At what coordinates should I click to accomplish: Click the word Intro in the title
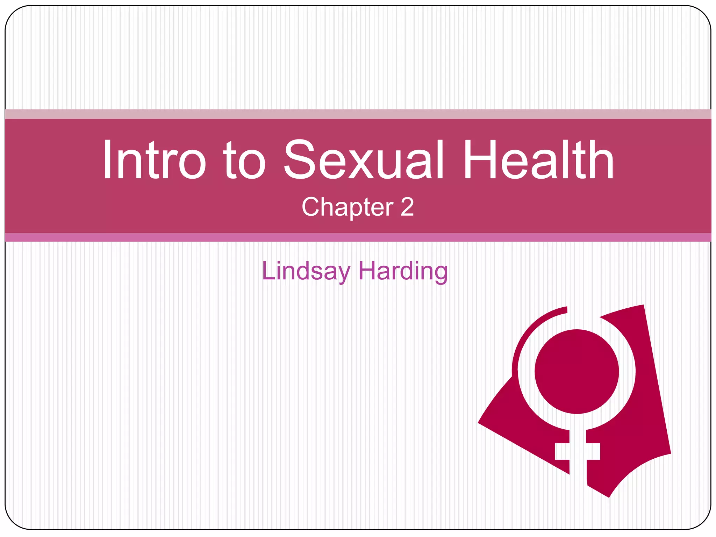pyautogui.click(x=154, y=160)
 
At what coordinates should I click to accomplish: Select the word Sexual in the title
pyautogui.click(x=364, y=160)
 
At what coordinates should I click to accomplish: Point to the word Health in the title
pyautogui.click(x=538, y=160)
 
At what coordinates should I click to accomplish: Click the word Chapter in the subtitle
pyautogui.click(x=348, y=207)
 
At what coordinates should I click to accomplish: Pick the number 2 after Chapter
pyautogui.click(x=407, y=207)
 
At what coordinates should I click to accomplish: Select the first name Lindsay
pyautogui.click(x=306, y=271)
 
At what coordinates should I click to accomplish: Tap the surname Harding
pyautogui.click(x=403, y=271)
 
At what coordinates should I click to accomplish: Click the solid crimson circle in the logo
pyautogui.click(x=577, y=371)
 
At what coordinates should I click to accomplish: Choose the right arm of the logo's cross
pyautogui.click(x=593, y=451)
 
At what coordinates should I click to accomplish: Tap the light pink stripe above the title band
pyautogui.click(x=358, y=114)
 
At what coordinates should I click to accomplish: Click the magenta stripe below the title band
pyautogui.click(x=358, y=237)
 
